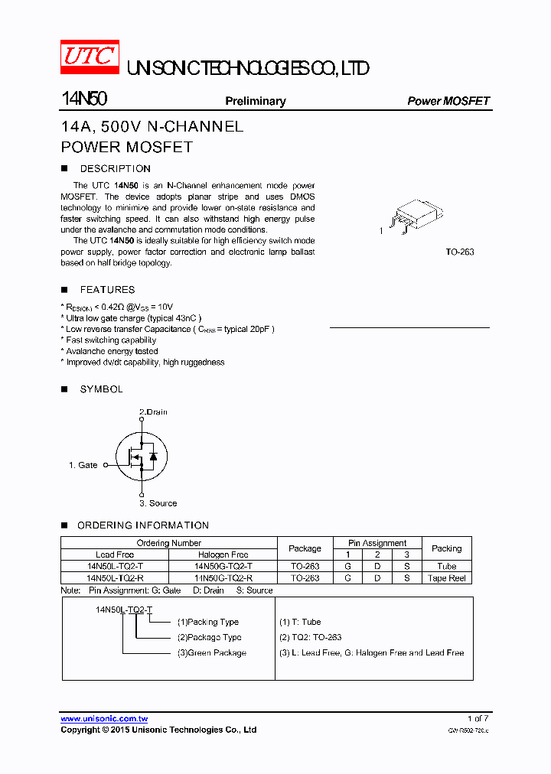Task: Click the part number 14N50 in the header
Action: click(84, 100)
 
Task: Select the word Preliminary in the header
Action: click(255, 101)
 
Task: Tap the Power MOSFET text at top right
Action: click(448, 101)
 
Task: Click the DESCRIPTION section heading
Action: click(115, 169)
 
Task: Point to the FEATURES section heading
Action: click(107, 290)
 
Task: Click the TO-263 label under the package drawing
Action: click(460, 252)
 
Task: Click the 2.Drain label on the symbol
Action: click(153, 412)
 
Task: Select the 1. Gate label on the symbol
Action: click(83, 465)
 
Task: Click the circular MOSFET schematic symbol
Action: click(142, 457)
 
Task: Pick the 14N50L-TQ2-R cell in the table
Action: click(115, 578)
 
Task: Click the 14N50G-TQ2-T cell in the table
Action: click(223, 567)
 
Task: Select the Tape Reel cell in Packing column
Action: click(447, 578)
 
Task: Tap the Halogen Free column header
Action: click(223, 554)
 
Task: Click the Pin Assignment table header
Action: click(377, 543)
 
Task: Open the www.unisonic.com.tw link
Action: click(104, 719)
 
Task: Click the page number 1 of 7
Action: click(478, 718)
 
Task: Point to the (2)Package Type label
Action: click(209, 637)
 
